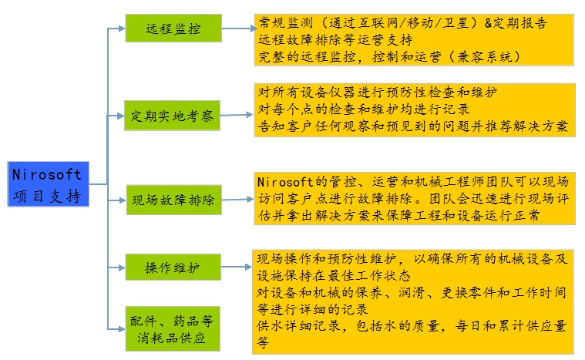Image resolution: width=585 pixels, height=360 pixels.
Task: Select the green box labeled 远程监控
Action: click(x=173, y=30)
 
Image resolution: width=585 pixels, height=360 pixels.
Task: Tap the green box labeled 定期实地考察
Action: click(x=173, y=116)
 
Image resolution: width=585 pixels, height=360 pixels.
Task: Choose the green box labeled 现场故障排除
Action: click(x=173, y=201)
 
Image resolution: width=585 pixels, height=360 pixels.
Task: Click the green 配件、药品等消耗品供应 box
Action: click(x=173, y=328)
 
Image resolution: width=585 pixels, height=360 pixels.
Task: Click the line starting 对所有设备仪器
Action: click(x=378, y=92)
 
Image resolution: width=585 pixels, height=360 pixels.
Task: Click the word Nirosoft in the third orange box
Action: click(x=286, y=183)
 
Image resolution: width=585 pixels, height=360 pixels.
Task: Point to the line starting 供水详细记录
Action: click(x=413, y=326)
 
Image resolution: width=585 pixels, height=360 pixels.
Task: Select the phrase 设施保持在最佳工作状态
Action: click(x=334, y=275)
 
